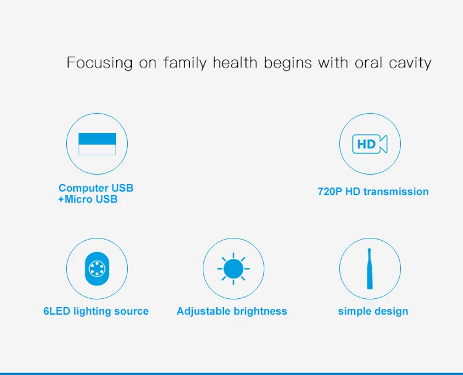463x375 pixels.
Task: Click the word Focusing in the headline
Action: coord(100,63)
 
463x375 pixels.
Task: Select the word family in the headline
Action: coord(185,63)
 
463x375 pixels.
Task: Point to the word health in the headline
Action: coord(235,62)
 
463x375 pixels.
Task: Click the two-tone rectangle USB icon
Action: coord(97,144)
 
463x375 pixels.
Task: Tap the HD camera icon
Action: coord(370,144)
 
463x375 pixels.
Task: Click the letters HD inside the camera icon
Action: coord(366,144)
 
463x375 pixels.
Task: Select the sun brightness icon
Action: coord(233,269)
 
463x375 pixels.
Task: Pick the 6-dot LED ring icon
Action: coord(97,269)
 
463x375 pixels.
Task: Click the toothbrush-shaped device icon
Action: coord(370,269)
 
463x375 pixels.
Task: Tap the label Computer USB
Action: coord(96,188)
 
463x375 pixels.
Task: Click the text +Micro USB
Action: coord(88,199)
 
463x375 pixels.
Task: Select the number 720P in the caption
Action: coord(330,192)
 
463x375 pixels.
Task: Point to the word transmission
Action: coord(396,192)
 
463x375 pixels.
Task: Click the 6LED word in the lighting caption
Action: coord(57,311)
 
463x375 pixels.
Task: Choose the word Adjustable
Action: coord(202,312)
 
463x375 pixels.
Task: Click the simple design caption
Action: coord(373,312)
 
